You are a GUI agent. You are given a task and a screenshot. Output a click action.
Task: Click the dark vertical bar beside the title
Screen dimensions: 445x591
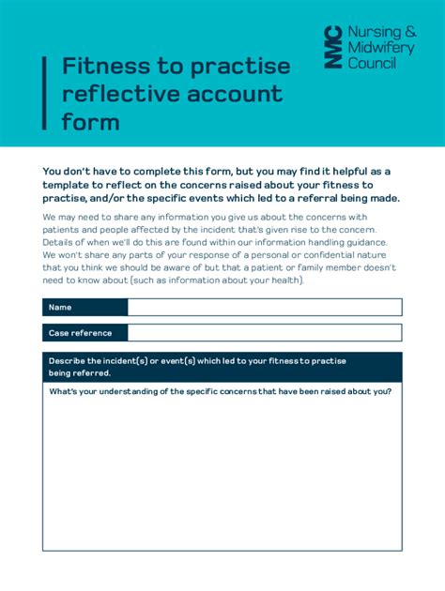coord(44,93)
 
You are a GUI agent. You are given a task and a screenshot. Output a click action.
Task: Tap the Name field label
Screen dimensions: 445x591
coord(60,308)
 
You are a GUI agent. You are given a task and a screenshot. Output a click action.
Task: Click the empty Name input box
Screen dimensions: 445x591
coord(264,308)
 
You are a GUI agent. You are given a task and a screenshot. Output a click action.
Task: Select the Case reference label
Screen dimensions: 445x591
coord(80,333)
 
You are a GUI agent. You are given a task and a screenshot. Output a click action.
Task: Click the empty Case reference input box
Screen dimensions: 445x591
coord(264,333)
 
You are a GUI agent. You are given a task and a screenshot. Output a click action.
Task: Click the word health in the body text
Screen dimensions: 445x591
coord(282,280)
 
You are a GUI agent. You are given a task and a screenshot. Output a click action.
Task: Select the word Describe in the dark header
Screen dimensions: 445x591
coord(69,360)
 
